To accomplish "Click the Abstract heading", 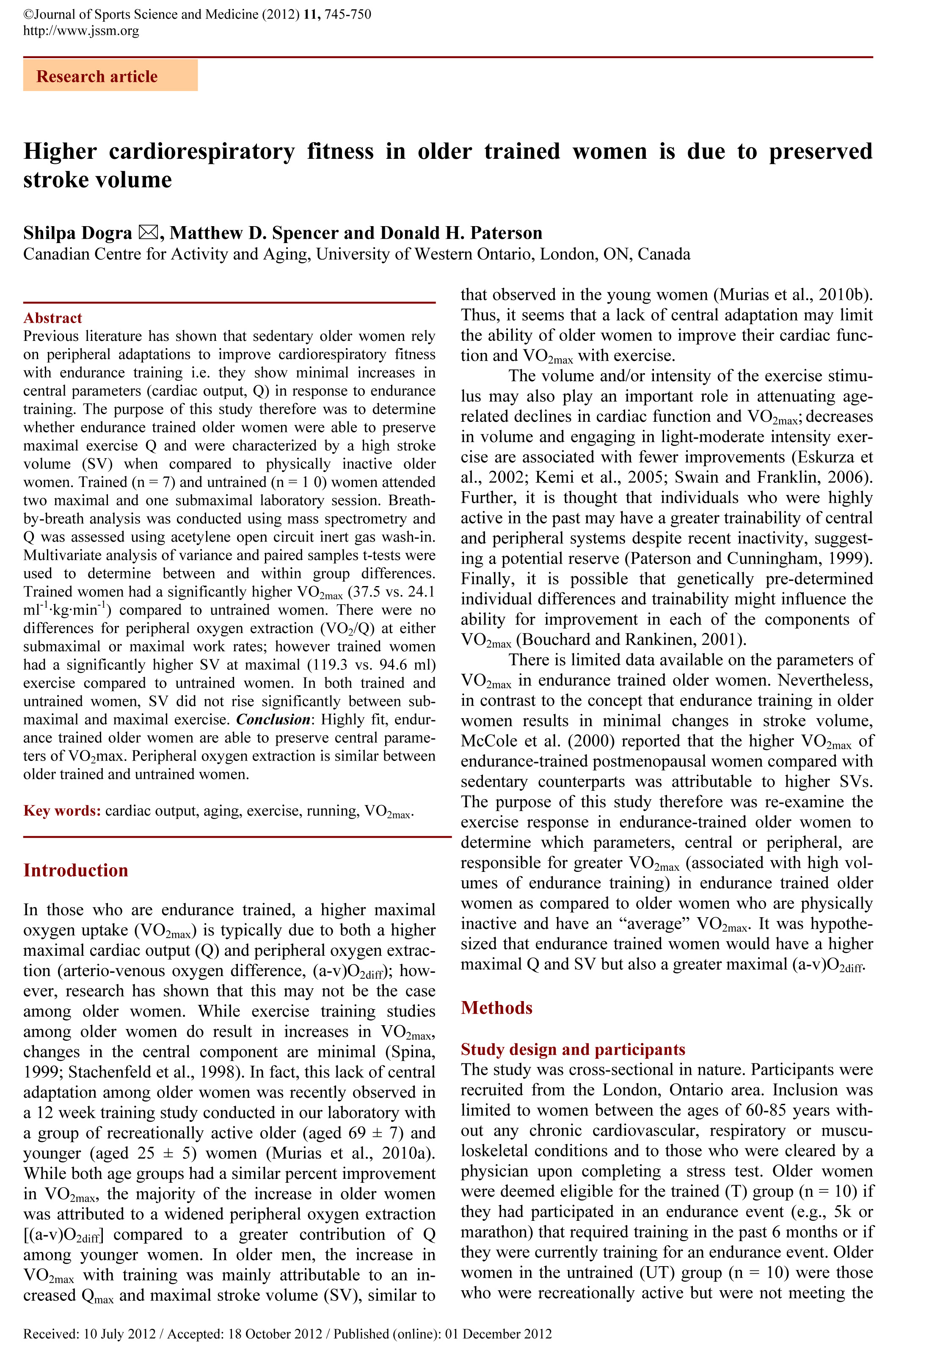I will click(52, 318).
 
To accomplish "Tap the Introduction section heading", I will click(76, 870).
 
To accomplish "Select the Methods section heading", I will click(496, 1008).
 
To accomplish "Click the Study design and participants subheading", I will click(573, 1049).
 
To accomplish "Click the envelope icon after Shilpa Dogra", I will click(148, 232).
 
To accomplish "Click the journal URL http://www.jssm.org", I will click(81, 30).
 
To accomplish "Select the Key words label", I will click(62, 810).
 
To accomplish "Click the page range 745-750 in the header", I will click(347, 14).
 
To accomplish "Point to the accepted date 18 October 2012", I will click(275, 1333).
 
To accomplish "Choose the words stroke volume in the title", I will click(97, 180).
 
